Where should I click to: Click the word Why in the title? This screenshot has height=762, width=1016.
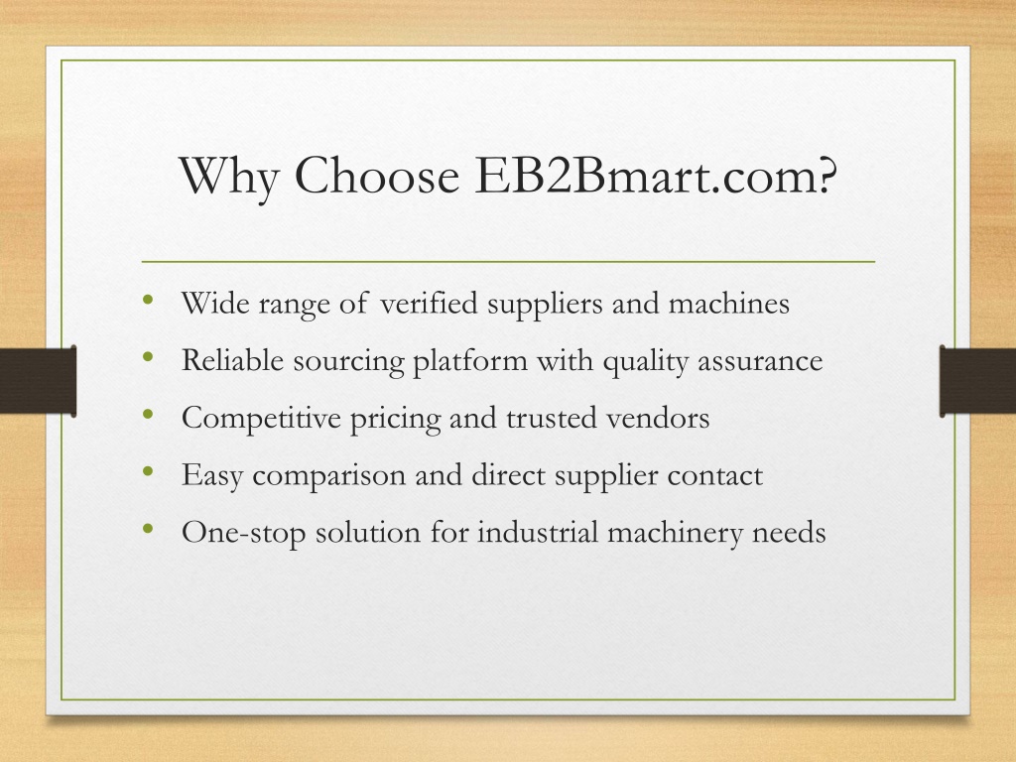(x=229, y=177)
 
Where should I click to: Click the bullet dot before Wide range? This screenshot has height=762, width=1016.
(x=149, y=300)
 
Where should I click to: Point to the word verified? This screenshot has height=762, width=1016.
(x=429, y=303)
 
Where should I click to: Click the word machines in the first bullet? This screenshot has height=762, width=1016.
(x=729, y=303)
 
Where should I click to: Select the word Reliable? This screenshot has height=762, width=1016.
(x=232, y=360)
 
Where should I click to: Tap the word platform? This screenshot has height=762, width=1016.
(x=470, y=361)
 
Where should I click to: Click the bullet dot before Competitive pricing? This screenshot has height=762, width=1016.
(x=149, y=414)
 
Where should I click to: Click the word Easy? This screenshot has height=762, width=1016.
(x=212, y=476)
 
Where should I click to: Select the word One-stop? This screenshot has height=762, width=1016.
(x=243, y=533)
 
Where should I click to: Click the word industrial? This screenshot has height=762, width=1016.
(x=538, y=533)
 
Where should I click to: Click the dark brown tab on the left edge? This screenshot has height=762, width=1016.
(x=39, y=381)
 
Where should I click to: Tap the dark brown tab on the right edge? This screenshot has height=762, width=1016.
(x=977, y=381)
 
